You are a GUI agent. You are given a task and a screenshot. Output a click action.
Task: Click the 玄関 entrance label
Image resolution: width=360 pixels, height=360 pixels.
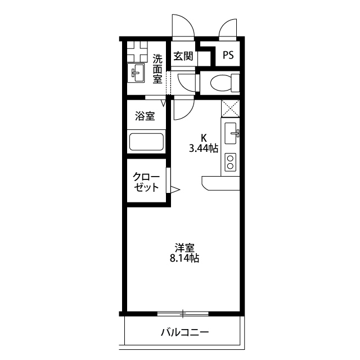coord(183,56)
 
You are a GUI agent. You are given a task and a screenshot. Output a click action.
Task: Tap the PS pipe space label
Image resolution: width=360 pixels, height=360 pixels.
coord(228,56)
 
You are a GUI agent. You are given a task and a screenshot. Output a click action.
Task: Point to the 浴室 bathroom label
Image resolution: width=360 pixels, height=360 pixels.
coord(145,116)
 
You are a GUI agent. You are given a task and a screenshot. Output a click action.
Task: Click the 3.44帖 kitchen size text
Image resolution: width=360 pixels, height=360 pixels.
coord(204,148)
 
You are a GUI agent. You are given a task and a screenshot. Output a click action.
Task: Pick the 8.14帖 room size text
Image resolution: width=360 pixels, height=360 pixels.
coord(184,259)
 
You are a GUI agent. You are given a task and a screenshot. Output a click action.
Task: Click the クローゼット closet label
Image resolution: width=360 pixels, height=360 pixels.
coord(146,182)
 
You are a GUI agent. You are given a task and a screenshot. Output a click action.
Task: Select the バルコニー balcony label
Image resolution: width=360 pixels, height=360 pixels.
coord(184,332)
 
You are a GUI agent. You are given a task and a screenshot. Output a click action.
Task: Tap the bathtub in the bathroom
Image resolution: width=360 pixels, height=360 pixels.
coord(146,141)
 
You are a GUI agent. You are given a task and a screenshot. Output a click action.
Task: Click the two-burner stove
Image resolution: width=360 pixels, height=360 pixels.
coord(230,163)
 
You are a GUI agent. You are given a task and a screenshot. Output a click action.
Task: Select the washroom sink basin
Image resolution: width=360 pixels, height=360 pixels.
coord(137,72)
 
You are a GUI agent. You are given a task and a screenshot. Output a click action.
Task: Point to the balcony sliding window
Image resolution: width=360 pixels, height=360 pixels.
coord(183,313)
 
